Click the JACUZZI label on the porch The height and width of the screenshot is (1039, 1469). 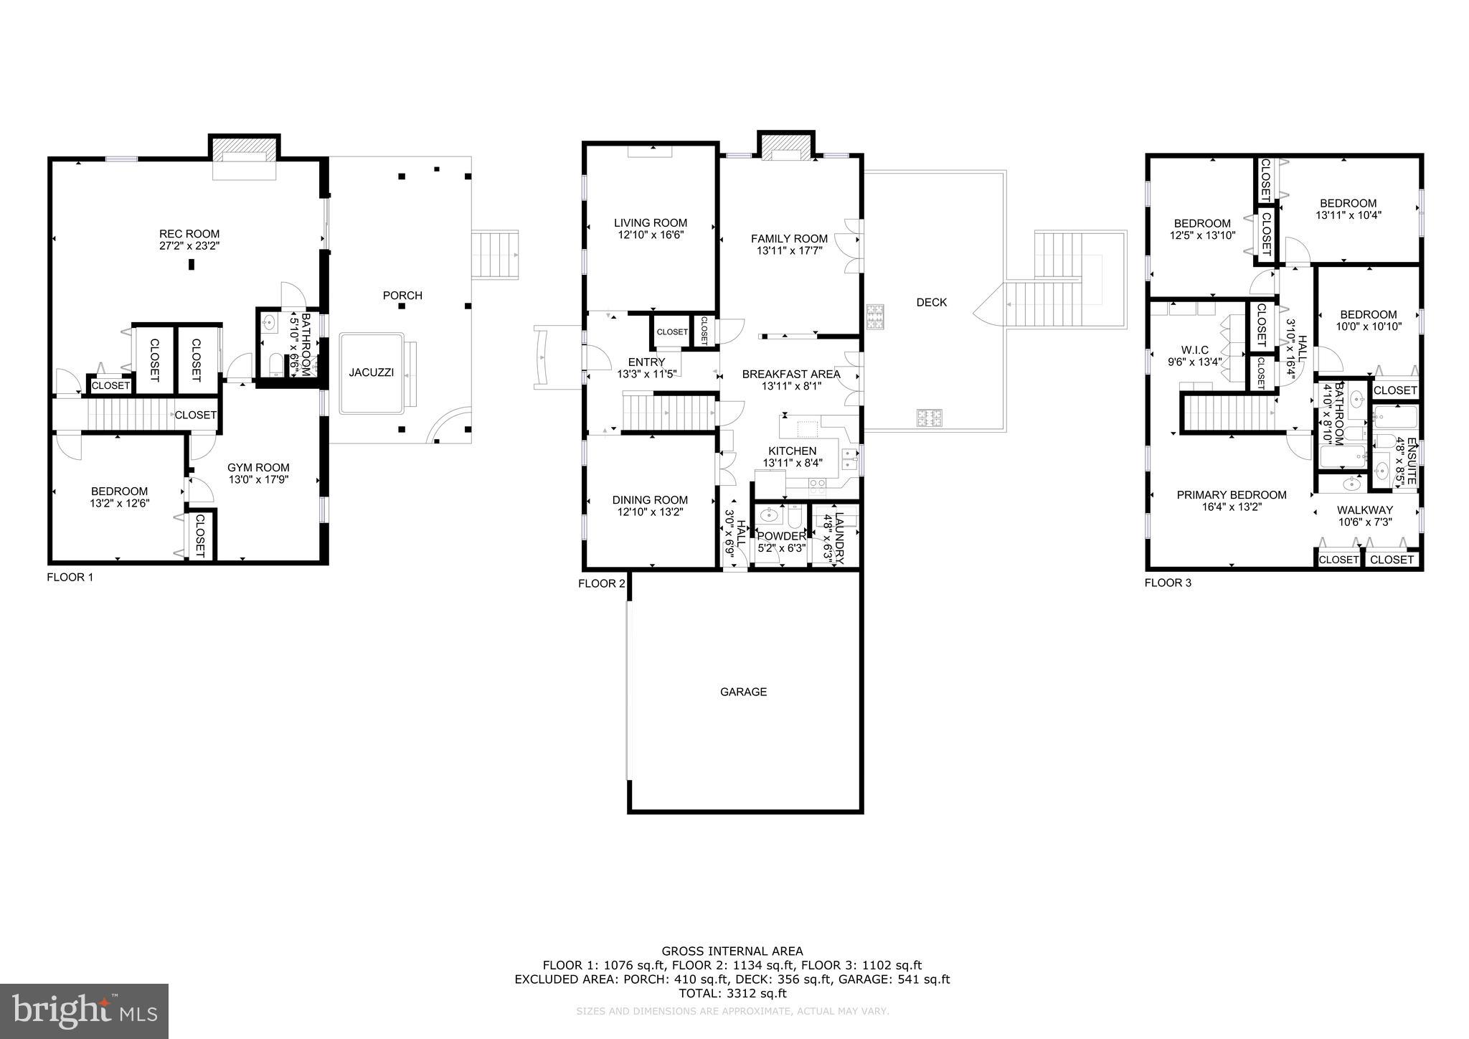point(371,372)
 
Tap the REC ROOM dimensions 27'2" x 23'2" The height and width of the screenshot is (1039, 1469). point(189,245)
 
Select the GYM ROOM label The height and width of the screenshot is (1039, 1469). point(258,467)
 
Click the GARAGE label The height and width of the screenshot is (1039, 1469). point(743,692)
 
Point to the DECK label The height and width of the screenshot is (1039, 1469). point(931,302)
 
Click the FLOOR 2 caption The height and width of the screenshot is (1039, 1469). point(601,583)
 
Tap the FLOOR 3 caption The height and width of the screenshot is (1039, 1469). point(1167,583)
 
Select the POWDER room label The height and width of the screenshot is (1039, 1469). point(781,536)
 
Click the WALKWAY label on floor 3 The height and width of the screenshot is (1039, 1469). point(1364,510)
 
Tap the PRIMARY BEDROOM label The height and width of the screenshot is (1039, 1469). point(1231,494)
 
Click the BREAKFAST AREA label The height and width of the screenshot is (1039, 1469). point(790,374)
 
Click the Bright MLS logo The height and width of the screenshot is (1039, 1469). point(84,1011)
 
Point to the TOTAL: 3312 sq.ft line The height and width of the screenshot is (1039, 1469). point(732,993)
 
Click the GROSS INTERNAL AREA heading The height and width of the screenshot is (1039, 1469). point(732,951)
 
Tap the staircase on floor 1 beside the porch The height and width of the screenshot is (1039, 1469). point(495,255)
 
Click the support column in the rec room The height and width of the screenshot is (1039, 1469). point(192,264)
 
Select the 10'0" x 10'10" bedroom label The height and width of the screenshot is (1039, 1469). point(1368,314)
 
